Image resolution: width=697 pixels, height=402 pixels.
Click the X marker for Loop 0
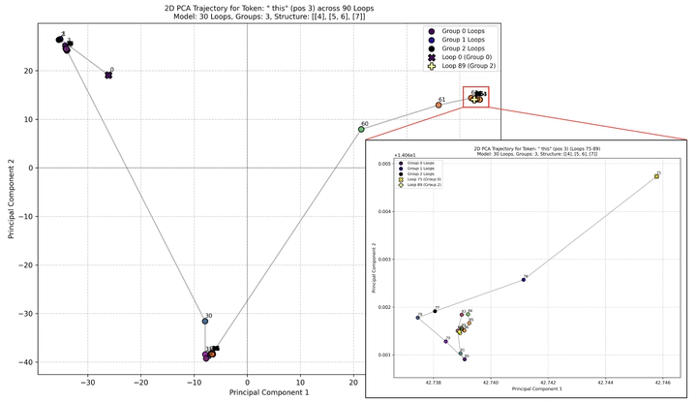pyautogui.click(x=108, y=75)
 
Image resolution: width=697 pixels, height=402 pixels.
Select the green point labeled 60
pyautogui.click(x=361, y=129)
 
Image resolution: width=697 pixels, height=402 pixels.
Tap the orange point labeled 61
pyautogui.click(x=439, y=105)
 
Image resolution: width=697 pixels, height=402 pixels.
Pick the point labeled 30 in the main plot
pyautogui.click(x=205, y=321)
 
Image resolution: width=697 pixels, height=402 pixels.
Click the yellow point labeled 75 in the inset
pyautogui.click(x=656, y=176)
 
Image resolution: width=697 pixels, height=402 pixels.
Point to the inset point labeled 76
pyautogui.click(x=524, y=279)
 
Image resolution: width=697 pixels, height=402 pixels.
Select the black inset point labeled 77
pyautogui.click(x=435, y=311)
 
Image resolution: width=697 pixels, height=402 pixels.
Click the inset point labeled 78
pyautogui.click(x=418, y=317)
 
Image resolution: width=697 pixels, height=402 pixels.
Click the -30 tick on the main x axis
pyautogui.click(x=87, y=382)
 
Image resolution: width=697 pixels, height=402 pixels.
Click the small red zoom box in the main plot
pyautogui.click(x=475, y=97)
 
